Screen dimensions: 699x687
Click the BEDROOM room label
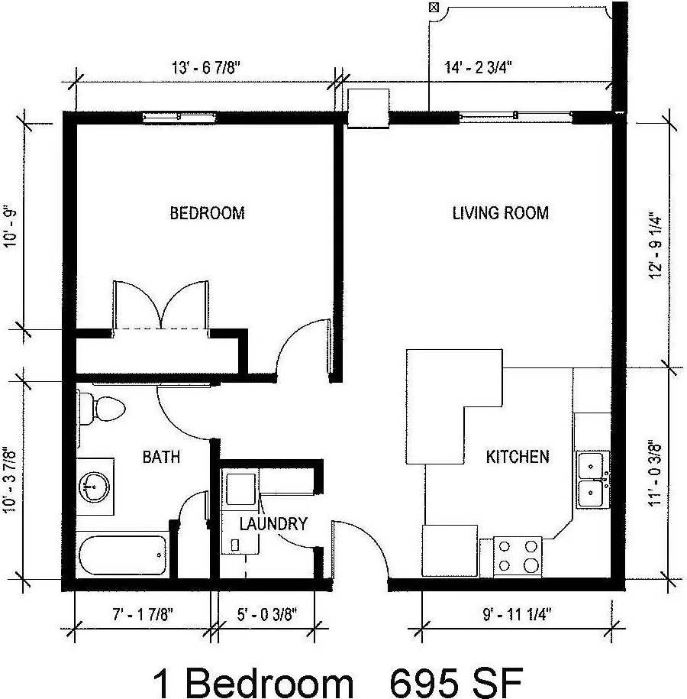tap(207, 213)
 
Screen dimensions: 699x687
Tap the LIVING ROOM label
tap(501, 213)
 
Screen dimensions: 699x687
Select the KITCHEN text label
tap(518, 457)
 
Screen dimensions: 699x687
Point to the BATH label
tap(161, 457)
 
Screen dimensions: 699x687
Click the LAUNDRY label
tap(273, 524)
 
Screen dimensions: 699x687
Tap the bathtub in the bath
tap(122, 556)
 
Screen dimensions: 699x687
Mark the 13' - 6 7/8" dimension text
tap(205, 67)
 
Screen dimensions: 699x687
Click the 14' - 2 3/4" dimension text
tap(478, 67)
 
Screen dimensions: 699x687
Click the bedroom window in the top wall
tap(180, 117)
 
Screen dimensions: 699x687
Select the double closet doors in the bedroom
tap(160, 306)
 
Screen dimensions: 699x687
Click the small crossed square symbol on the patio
tap(434, 8)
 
